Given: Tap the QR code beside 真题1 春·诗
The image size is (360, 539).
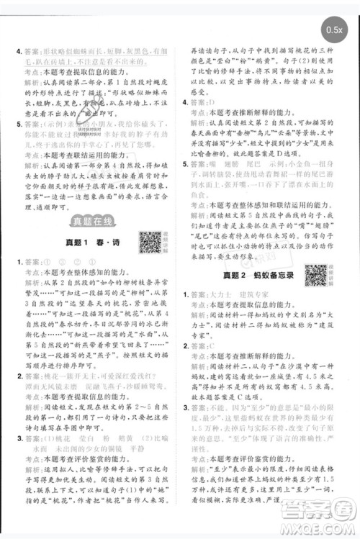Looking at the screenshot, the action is pos(150,243).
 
